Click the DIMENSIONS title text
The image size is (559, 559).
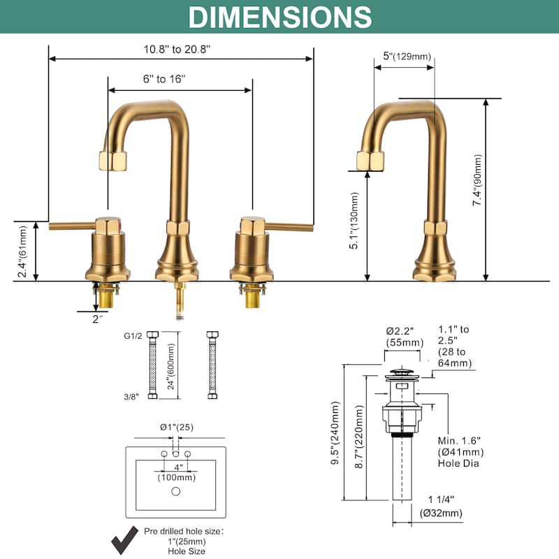click(x=279, y=17)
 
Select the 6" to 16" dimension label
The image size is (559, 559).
click(x=164, y=79)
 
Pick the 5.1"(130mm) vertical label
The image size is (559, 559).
click(x=354, y=222)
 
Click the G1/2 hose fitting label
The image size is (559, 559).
click(x=132, y=335)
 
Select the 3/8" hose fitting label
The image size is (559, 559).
click(x=132, y=396)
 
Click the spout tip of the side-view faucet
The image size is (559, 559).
click(x=370, y=161)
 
